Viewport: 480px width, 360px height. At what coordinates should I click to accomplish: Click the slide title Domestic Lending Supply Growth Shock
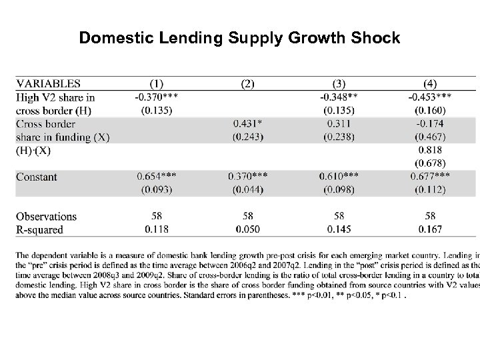coord(239,38)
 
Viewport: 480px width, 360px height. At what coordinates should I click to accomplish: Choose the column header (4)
coord(430,84)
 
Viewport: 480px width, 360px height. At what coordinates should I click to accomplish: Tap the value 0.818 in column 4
coord(430,151)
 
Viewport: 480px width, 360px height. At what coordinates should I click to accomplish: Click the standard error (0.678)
coord(430,163)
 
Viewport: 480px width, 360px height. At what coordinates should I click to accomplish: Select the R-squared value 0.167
coord(430,229)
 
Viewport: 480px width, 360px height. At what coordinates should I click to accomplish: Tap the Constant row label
coord(37,177)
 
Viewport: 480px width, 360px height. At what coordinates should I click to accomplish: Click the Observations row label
coord(46,217)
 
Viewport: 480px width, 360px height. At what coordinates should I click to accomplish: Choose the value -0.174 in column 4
coord(430,124)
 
